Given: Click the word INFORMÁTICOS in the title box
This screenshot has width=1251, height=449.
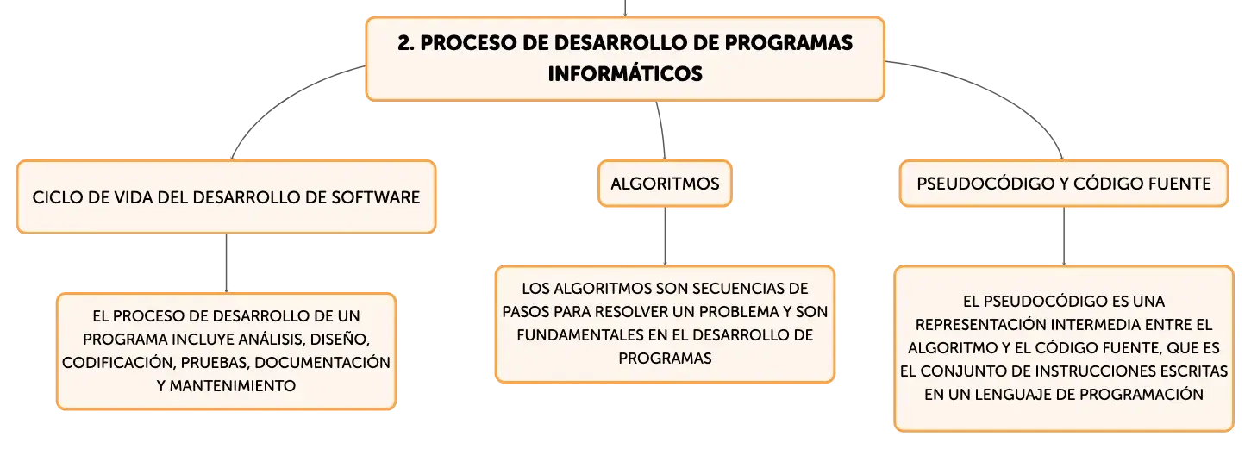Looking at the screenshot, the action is pyautogui.click(x=625, y=74).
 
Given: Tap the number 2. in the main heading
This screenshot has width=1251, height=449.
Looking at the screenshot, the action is pyautogui.click(x=406, y=43).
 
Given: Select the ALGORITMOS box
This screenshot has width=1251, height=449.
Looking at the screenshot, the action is pyautogui.click(x=665, y=184).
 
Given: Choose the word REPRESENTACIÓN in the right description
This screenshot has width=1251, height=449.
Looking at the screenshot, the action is pyautogui.click(x=979, y=324).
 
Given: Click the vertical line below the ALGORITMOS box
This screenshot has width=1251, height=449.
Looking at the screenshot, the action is pyautogui.click(x=665, y=236).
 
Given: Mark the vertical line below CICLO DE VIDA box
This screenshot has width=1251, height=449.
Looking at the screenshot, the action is pyautogui.click(x=226, y=263).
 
